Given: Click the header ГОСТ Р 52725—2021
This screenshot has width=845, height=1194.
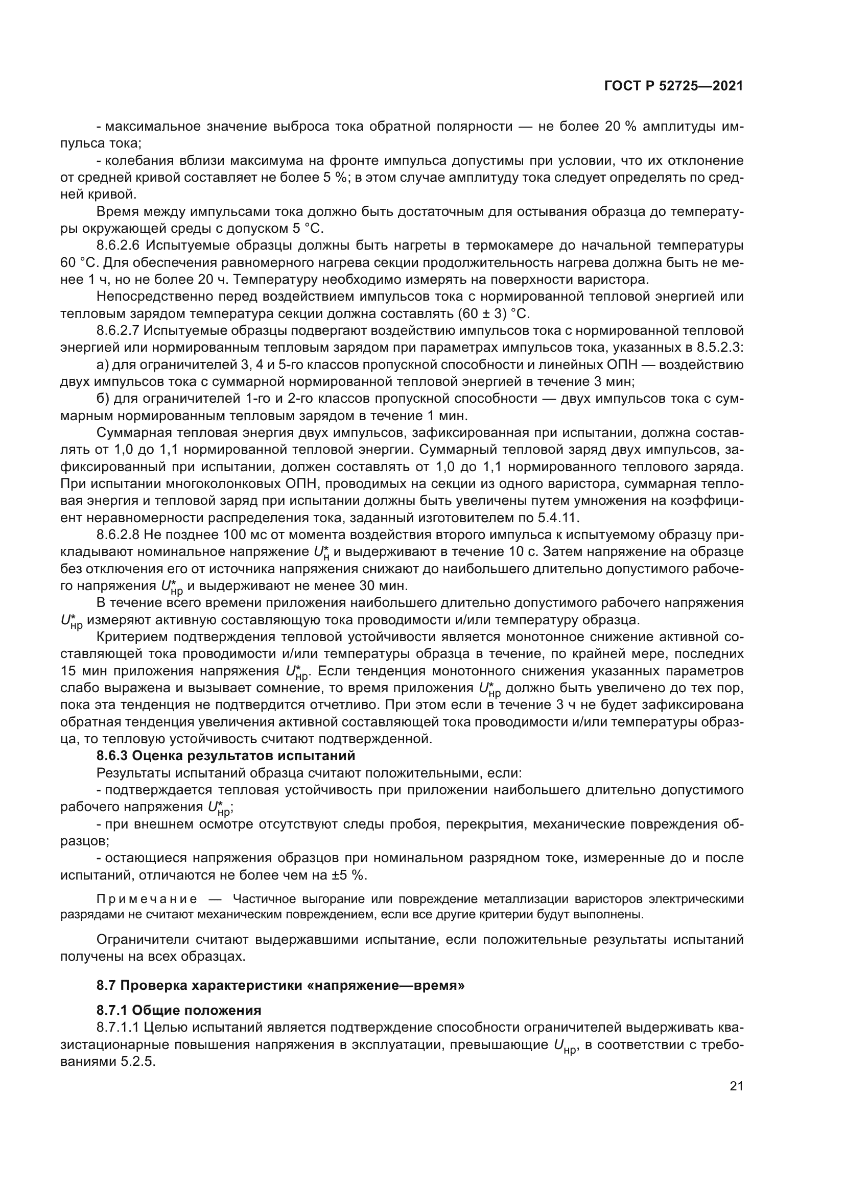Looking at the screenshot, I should tap(673, 86).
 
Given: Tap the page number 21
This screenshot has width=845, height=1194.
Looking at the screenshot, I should tap(736, 1086).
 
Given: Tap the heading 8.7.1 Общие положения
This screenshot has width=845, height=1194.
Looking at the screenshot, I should tap(179, 1010).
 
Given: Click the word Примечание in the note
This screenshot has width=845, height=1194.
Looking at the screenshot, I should tap(147, 899).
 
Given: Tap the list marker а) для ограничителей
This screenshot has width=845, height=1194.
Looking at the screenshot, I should tap(103, 365).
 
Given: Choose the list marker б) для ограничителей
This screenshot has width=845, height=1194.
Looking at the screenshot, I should tap(103, 399).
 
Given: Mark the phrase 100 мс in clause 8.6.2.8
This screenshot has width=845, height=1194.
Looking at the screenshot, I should tap(246, 535).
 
